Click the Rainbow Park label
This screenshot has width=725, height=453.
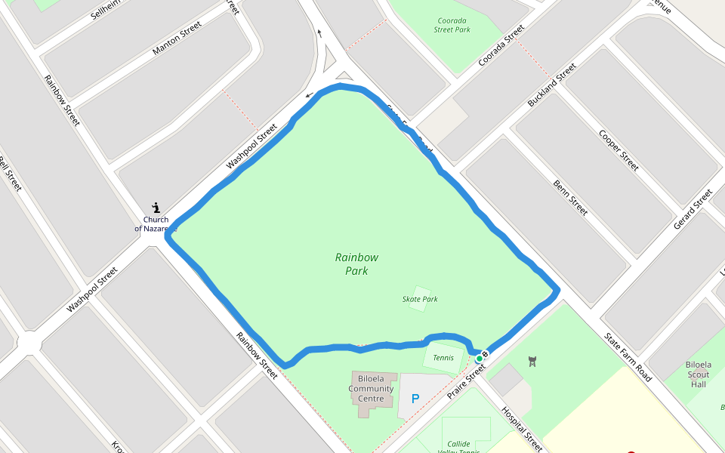[x=356, y=263]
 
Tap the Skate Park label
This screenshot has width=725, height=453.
[x=420, y=299]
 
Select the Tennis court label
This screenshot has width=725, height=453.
[x=443, y=358]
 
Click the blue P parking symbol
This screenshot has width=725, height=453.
[x=415, y=398]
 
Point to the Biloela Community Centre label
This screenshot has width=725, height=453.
[x=371, y=389]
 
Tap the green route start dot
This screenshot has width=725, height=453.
[x=479, y=358]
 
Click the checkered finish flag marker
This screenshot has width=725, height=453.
[x=486, y=354]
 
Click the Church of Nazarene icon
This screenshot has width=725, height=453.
[x=156, y=207]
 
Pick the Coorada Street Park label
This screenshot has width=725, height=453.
[x=452, y=25]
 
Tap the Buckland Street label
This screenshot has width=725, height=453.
[x=551, y=84]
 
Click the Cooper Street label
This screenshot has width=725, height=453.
[x=619, y=149]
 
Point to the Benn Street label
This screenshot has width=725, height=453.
[x=570, y=197]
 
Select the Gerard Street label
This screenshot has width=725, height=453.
[x=693, y=209]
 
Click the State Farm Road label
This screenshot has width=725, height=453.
[x=628, y=357]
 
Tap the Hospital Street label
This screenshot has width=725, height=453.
[x=522, y=430]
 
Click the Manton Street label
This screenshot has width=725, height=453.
[x=177, y=38]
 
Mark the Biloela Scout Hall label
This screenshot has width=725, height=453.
[x=698, y=374]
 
